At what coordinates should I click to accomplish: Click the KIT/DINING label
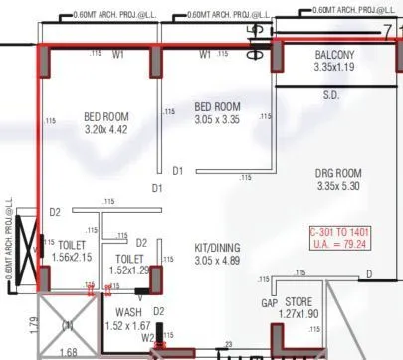coord(216,247)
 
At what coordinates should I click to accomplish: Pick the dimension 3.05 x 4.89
coord(216,260)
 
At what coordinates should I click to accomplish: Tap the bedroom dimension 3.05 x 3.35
coord(217,120)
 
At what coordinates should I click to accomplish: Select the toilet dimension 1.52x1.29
coord(126,270)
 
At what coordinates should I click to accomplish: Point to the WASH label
coord(115,311)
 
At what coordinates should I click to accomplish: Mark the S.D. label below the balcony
coord(331,96)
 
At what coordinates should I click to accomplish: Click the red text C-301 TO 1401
coord(340,231)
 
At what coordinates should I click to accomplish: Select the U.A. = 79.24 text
coord(340,243)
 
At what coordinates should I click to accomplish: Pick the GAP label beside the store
coord(269,302)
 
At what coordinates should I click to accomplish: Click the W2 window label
coord(147,337)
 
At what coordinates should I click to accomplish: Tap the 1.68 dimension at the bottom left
coord(68,351)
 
